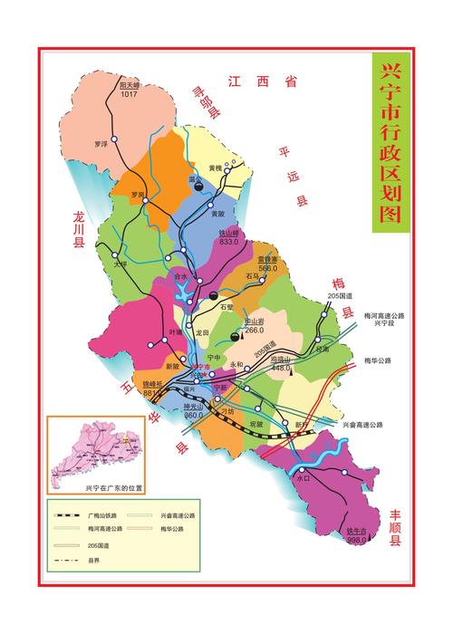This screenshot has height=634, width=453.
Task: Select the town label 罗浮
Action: coord(101,144)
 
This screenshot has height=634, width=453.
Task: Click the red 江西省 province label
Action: coord(263,82)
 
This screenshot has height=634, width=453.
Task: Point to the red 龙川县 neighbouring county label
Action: coord(79,229)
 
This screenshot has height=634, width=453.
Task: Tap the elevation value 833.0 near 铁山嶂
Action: coord(228,242)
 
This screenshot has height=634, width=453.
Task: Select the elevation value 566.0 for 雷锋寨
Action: coord(267,269)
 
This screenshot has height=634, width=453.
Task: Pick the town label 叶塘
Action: coord(176,332)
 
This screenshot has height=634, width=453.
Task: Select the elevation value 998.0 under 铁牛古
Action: coord(357,540)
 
